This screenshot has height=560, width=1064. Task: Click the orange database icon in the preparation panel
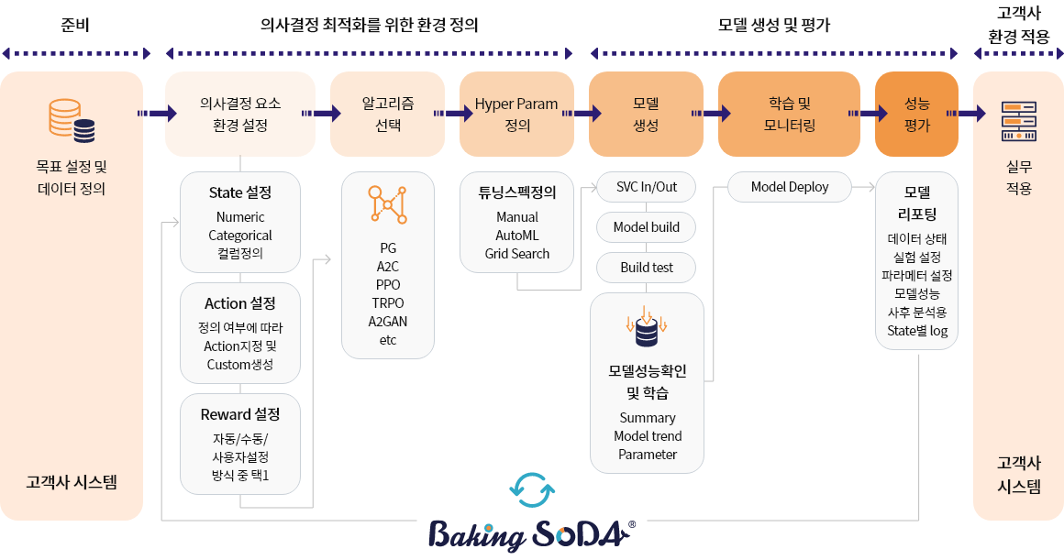click(72, 121)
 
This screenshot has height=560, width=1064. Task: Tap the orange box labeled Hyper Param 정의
click(516, 115)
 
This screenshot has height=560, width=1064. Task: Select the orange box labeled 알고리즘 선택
click(387, 115)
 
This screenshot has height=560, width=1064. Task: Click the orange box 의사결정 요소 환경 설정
click(240, 115)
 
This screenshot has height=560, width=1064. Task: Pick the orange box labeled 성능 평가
click(916, 115)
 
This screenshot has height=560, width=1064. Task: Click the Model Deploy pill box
click(789, 187)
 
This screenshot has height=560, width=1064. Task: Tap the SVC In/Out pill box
click(647, 187)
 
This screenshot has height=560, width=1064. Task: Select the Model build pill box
click(647, 227)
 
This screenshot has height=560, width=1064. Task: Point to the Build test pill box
click(647, 268)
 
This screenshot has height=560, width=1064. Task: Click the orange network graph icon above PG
click(387, 203)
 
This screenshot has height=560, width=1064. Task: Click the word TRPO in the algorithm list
click(387, 303)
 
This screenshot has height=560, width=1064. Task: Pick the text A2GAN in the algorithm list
click(387, 322)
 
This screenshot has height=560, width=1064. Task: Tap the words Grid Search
click(517, 254)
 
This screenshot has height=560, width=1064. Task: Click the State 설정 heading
click(240, 193)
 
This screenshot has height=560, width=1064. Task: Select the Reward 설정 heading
click(240, 414)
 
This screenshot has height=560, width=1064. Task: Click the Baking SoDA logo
click(532, 535)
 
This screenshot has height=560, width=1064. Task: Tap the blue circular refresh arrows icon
click(532, 490)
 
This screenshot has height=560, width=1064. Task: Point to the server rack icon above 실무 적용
click(1018, 121)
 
